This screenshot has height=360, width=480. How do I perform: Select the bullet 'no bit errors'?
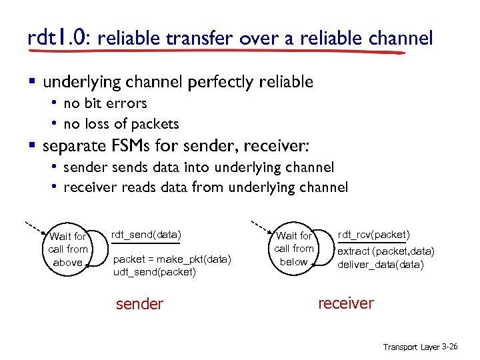(x=105, y=103)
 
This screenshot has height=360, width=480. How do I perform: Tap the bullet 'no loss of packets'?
(x=121, y=123)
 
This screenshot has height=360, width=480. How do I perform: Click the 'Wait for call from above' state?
(x=68, y=249)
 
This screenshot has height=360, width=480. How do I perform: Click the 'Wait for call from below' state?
(x=294, y=249)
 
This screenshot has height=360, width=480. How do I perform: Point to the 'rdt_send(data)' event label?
(x=145, y=234)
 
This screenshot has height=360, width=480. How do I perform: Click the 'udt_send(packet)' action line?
(x=155, y=272)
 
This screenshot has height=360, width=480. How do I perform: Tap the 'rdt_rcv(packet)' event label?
(x=374, y=234)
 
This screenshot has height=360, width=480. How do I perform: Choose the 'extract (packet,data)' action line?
(x=386, y=251)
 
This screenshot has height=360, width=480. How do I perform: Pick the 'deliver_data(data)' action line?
(x=381, y=264)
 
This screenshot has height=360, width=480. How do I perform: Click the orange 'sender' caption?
(x=139, y=304)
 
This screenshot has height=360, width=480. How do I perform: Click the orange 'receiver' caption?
(x=346, y=303)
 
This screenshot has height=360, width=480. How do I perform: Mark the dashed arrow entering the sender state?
(x=33, y=225)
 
